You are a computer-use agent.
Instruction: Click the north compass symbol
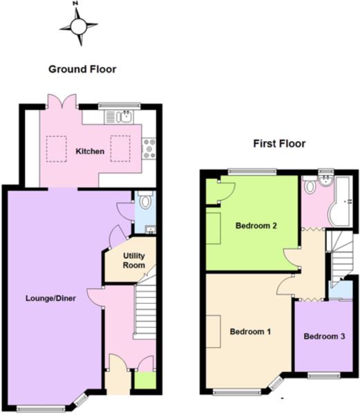coord(77,26)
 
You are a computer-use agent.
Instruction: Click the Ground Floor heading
coord(82,69)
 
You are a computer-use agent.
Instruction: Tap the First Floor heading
coord(279,145)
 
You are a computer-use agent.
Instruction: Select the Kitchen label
coord(90,151)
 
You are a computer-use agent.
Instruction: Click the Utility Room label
coord(134,261)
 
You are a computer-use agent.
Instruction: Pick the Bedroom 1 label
coord(249,332)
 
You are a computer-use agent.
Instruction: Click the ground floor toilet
coord(144,202)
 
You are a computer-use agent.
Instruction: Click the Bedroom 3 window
coord(325,376)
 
